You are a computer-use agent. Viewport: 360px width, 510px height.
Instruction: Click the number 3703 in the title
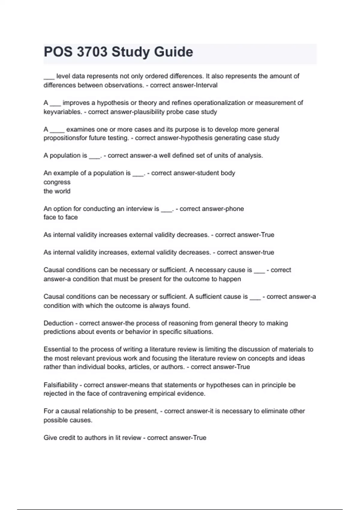click(x=92, y=52)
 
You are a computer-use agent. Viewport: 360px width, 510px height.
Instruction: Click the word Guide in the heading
click(x=174, y=52)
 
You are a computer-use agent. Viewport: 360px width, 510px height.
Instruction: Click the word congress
click(x=57, y=182)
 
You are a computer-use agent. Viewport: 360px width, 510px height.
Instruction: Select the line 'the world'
click(x=57, y=191)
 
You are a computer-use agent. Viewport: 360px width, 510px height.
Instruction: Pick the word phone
click(x=235, y=209)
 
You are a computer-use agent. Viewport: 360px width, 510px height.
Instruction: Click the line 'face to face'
click(x=61, y=217)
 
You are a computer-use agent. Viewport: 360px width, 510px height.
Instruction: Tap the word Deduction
click(x=58, y=323)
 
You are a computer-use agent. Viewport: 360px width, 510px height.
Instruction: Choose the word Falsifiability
click(x=61, y=385)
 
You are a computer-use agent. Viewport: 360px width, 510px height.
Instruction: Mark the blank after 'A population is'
click(x=94, y=156)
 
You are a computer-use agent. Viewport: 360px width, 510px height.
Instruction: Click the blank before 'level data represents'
click(x=49, y=76)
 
